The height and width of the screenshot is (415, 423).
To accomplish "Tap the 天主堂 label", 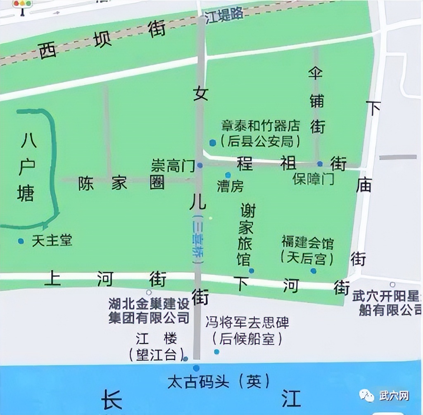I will pos(52,241).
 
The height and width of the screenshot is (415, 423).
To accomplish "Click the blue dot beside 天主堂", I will pos(21,241).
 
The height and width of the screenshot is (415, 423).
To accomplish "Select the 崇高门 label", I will pos(172,166).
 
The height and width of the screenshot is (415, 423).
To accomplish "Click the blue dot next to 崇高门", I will pos(200,165).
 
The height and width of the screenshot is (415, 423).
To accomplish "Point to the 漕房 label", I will pos(231,186).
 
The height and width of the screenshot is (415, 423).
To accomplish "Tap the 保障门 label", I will pos(314,179).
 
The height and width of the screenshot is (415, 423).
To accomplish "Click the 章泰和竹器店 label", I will pos(260,125).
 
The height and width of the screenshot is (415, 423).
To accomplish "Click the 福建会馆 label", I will pos(307,243).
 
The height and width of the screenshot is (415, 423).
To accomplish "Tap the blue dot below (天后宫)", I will pos(314,271).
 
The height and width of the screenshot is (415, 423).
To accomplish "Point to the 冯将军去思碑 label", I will pos(247,322).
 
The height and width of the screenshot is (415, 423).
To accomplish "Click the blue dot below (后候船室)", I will pos(216,352).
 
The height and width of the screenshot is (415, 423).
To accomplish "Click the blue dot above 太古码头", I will pos(196,368).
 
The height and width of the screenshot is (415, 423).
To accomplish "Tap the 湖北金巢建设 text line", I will pos(149,304).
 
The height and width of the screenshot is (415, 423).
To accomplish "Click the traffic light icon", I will pos(22,6).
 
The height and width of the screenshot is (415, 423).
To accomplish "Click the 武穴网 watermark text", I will pos(394,396).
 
